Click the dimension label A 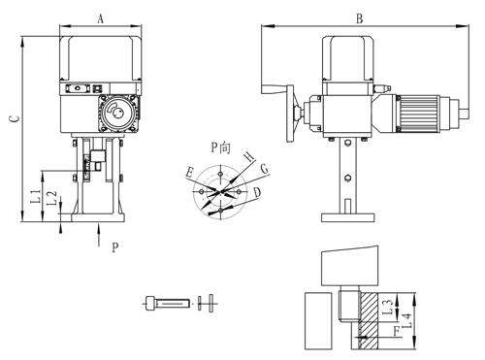pos(101,19)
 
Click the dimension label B pos(360,18)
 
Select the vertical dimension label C pos(15,119)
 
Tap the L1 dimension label pos(36,196)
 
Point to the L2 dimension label pos(51,198)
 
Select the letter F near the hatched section pos(396,331)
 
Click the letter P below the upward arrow pos(115,247)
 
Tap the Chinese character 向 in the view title pos(225,147)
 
